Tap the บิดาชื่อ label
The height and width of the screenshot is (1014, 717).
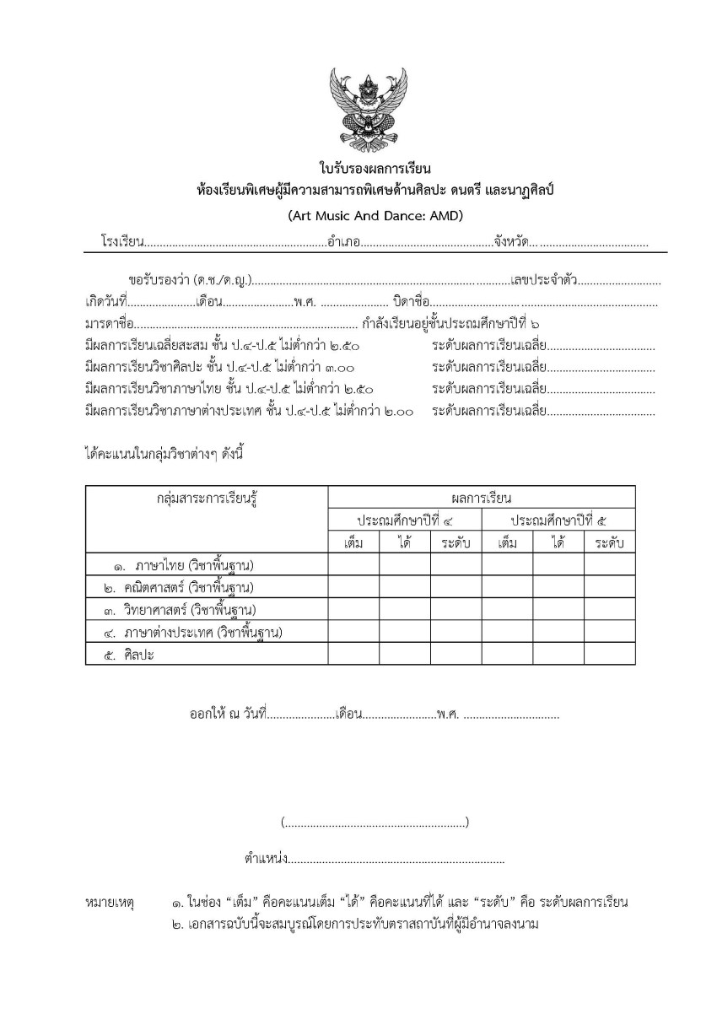coord(412,301)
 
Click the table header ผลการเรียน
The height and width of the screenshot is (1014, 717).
coord(481,497)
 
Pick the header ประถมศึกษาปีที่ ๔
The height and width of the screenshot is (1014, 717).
coord(405,519)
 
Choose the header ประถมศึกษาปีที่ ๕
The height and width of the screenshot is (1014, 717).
coord(558,519)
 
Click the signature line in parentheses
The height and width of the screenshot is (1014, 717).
coord(375,822)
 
